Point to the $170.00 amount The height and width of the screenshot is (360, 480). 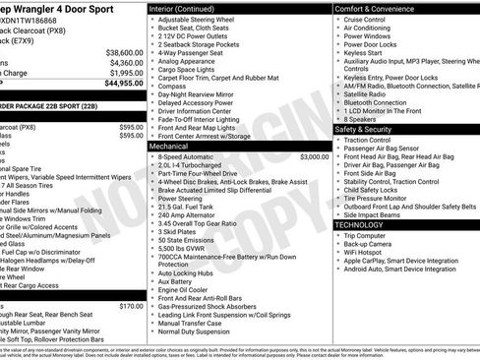(132, 306)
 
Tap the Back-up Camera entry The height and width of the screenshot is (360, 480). (371, 244)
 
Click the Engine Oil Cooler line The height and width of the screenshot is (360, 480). (184, 290)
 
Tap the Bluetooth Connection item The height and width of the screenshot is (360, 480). (382, 101)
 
